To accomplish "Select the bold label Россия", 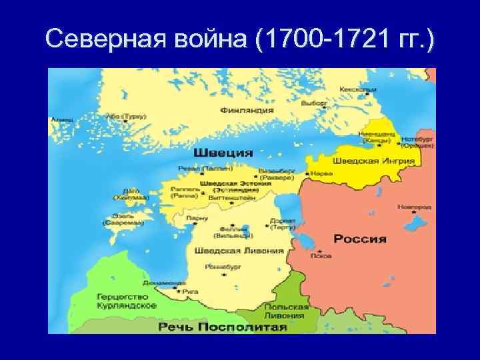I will click(x=360, y=239).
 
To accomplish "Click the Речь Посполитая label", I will click(x=223, y=327).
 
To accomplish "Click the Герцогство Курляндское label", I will click(x=127, y=300).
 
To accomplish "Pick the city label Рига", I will click(x=191, y=291).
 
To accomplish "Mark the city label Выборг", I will click(x=313, y=104).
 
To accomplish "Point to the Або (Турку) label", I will click(x=125, y=116).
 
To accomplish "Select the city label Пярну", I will click(x=198, y=218).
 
